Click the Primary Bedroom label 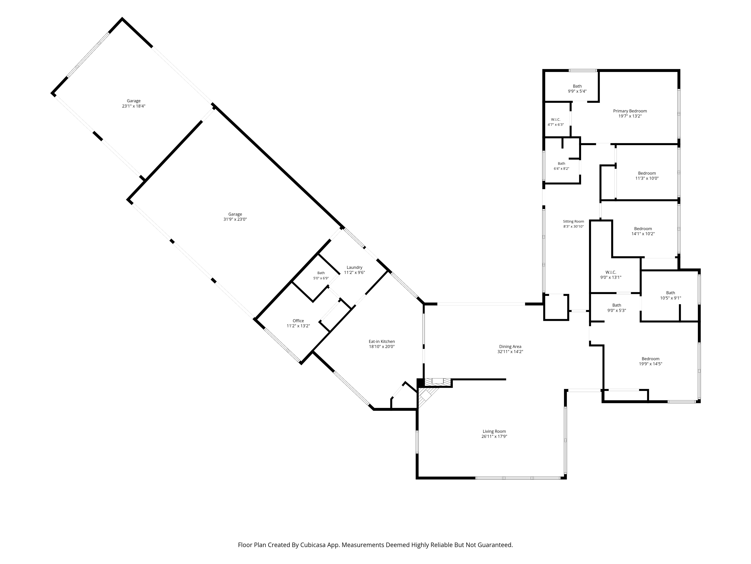click(630, 111)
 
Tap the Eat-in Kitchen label click(382, 342)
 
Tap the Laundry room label click(354, 267)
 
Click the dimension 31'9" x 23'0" click(235, 219)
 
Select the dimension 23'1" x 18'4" click(134, 106)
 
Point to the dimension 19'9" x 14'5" click(651, 364)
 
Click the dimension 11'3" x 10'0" click(647, 178)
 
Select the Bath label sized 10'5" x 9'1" click(670, 293)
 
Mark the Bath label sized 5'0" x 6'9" click(321, 273)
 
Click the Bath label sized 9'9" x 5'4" click(577, 86)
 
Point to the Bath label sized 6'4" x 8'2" click(562, 164)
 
